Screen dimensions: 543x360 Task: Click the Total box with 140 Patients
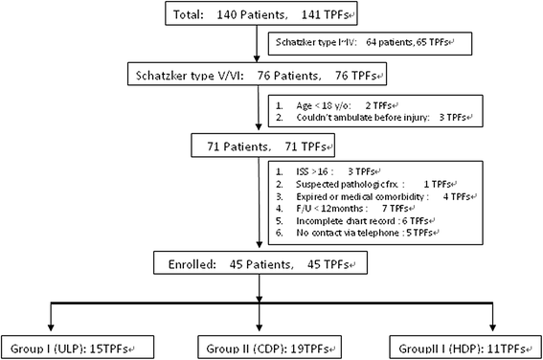261,13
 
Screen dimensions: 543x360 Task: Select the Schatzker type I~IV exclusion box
370,44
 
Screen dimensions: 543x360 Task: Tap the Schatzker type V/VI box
257,74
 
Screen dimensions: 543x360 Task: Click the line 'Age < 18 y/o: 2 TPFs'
337,105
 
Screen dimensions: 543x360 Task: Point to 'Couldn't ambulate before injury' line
374,118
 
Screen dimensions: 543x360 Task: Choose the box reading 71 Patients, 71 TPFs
262,146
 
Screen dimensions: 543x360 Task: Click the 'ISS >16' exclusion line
328,171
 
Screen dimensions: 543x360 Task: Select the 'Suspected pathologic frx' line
367,184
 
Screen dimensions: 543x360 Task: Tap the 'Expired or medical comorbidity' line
376,196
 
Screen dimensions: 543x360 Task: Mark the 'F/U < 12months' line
346,209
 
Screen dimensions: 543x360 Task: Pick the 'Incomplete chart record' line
355,221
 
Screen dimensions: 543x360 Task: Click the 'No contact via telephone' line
357,233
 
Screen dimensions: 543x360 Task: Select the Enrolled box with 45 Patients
260,262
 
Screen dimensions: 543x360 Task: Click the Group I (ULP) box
78,347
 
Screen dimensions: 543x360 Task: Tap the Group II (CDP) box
267,347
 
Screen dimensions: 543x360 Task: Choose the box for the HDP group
465,347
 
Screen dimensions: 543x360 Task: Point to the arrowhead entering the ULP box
51,327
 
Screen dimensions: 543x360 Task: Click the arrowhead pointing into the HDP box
492,327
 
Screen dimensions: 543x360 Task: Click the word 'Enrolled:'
192,264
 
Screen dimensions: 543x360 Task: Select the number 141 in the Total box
310,14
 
